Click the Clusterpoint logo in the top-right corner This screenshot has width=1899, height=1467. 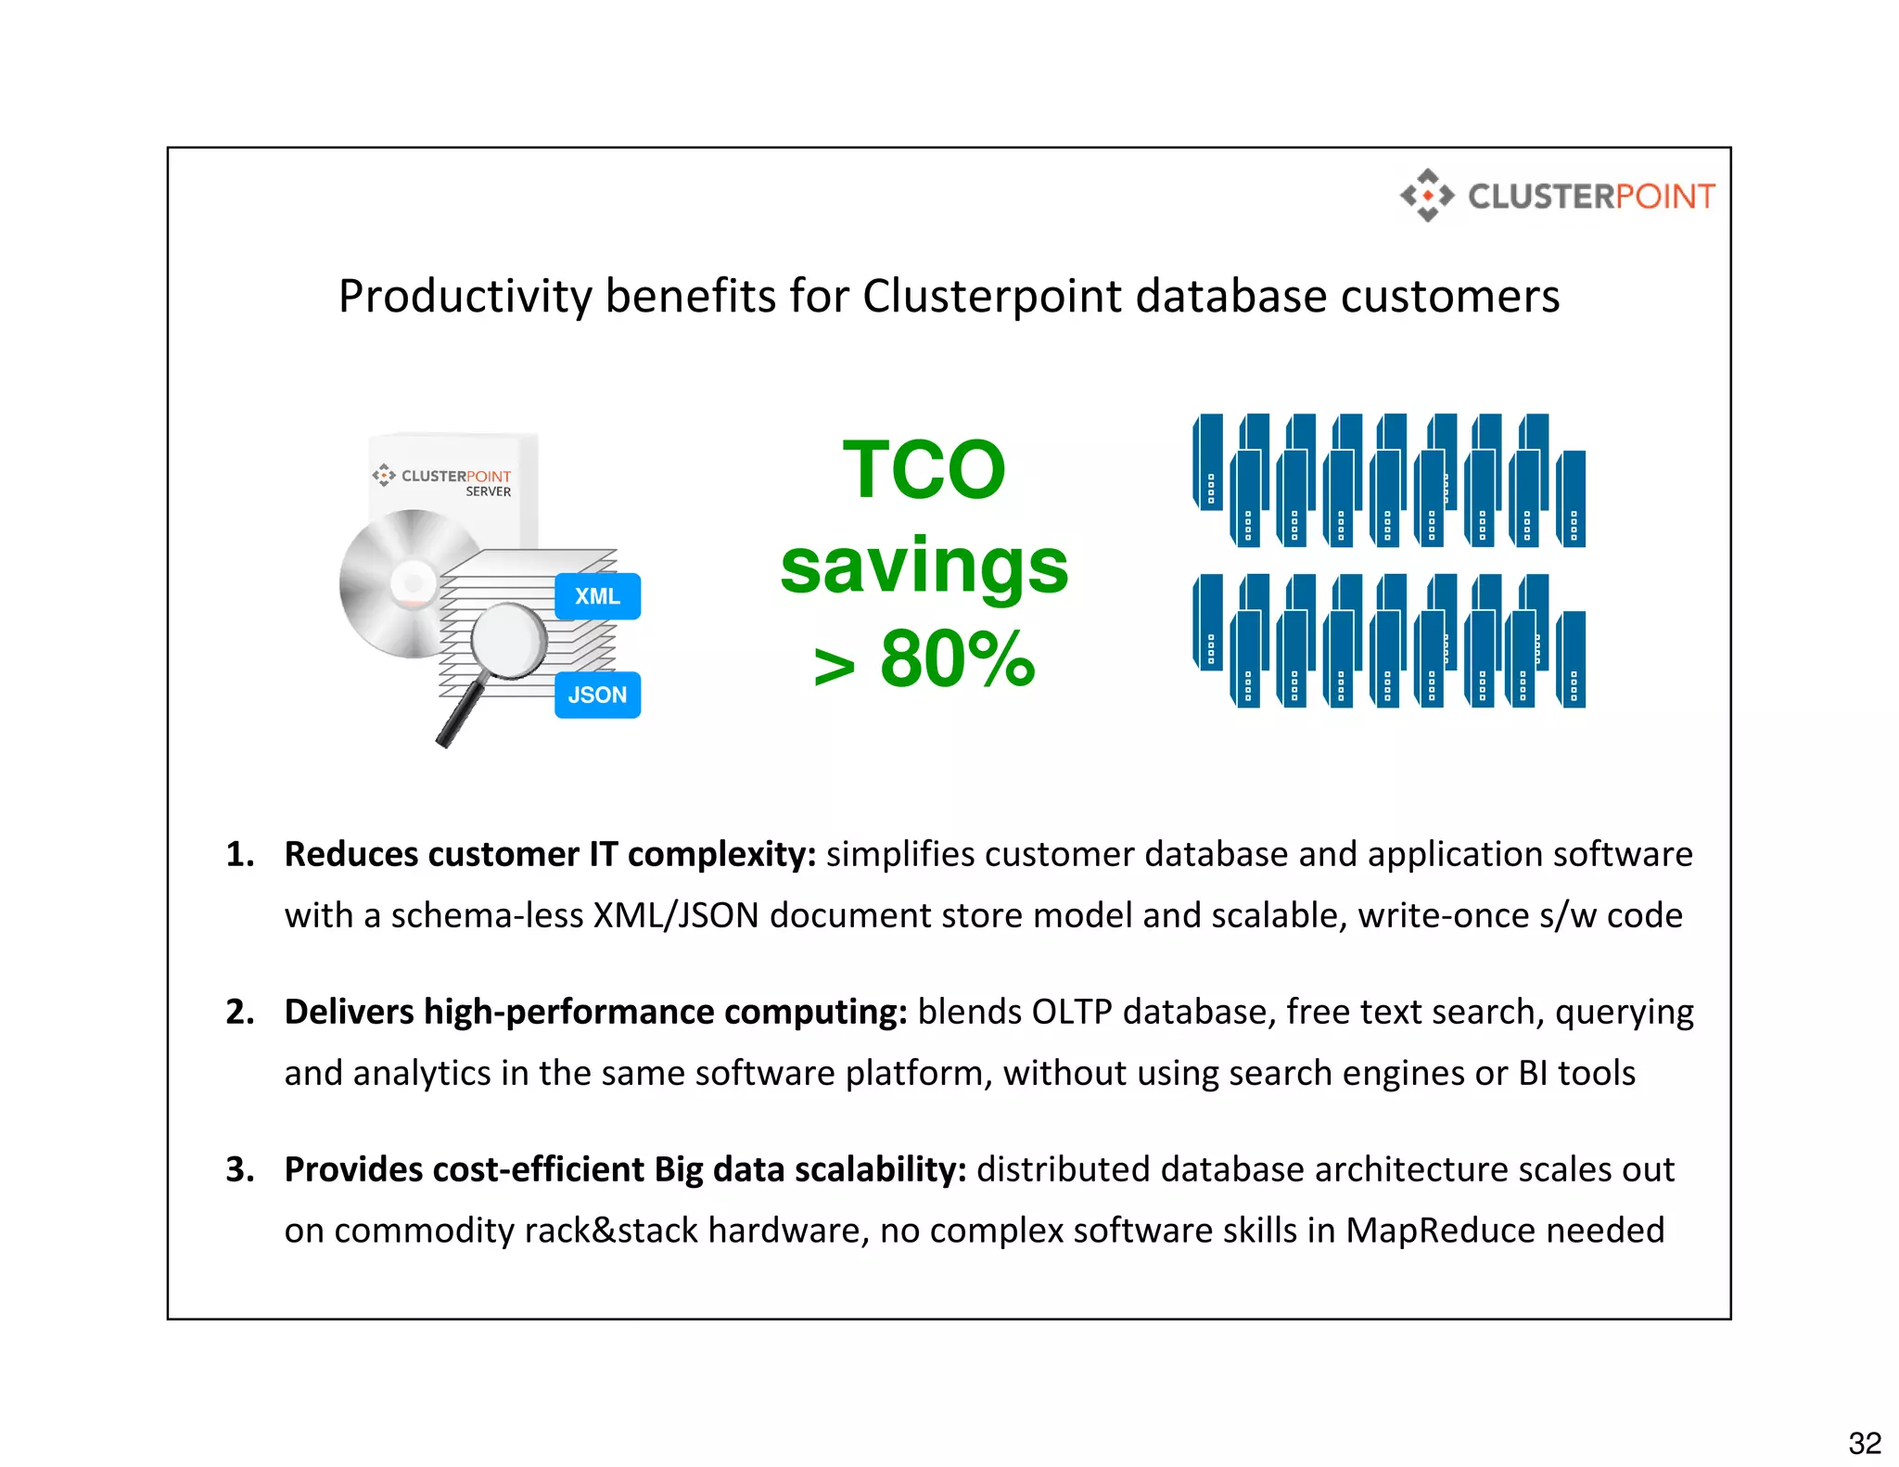1558,196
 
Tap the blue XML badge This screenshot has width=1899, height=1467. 597,596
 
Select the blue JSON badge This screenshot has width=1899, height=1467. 597,695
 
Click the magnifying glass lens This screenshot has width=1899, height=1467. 508,640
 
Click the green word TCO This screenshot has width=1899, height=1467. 924,470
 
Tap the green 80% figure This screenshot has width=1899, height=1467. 957,659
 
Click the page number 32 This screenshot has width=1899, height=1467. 1865,1443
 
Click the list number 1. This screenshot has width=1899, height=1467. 239,854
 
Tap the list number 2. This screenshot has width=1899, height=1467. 239,1012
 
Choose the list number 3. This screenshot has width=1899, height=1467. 239,1169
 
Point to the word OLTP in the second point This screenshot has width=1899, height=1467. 1071,1012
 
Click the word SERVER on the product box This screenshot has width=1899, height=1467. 488,491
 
